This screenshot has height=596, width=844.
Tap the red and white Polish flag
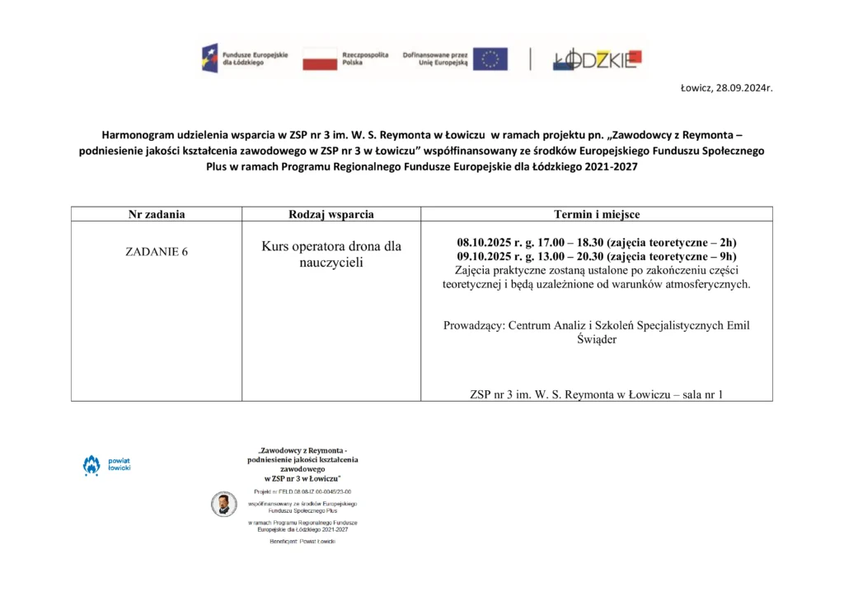click(320, 58)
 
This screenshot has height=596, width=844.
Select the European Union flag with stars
click(490, 58)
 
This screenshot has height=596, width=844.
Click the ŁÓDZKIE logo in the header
click(596, 58)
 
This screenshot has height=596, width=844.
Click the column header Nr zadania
click(157, 214)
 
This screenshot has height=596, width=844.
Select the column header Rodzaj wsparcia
click(331, 214)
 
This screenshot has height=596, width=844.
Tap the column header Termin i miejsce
click(597, 214)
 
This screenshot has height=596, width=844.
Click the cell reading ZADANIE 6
click(157, 252)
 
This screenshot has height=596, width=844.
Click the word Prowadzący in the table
click(473, 325)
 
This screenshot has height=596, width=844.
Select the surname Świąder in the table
click(597, 339)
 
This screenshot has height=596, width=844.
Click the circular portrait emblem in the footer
click(223, 504)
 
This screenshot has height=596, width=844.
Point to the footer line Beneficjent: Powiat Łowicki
click(302, 542)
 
